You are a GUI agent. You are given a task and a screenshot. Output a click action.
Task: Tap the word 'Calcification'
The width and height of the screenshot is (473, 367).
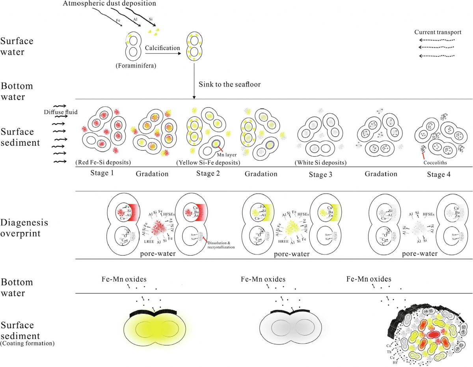click(162, 48)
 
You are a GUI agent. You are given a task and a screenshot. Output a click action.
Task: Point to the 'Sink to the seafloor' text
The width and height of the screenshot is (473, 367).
click(227, 84)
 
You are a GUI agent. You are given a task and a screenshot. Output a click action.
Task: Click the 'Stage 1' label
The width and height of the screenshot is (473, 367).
click(101, 173)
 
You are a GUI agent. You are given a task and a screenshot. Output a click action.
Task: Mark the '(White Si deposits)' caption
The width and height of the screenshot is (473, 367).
click(320, 162)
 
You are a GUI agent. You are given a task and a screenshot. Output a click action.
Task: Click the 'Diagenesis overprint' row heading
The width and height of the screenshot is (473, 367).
click(24, 228)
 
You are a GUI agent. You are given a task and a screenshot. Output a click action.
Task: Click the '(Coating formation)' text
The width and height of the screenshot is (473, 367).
click(27, 343)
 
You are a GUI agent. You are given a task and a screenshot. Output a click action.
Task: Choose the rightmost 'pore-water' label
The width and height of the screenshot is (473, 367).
click(419, 254)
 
